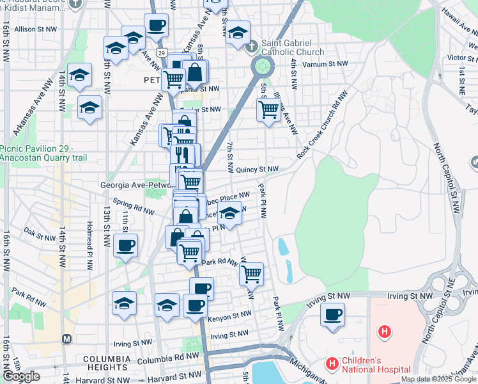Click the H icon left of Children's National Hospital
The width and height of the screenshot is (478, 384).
(332, 365)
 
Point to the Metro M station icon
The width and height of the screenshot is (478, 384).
(66, 338)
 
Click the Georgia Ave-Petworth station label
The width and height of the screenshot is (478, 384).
(134, 185)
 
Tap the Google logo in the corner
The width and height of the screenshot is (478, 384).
(21, 376)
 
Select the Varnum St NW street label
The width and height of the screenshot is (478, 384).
(324, 65)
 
